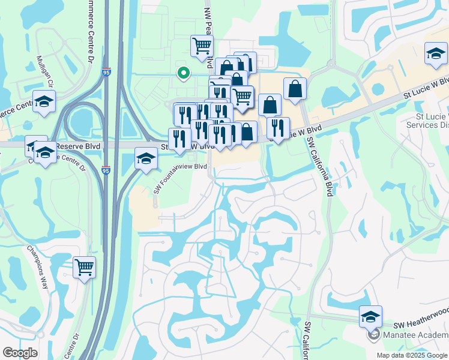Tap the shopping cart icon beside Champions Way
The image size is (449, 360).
tap(84, 268)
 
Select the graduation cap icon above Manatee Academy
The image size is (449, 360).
tap(371, 316)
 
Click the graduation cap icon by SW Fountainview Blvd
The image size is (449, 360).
tap(146, 159)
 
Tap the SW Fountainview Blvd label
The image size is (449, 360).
tap(180, 179)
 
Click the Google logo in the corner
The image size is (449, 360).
tap(20, 353)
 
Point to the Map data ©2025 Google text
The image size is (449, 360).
tap(411, 355)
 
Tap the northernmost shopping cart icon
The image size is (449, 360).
tap(202, 45)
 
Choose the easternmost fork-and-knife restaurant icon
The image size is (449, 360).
tap(277, 128)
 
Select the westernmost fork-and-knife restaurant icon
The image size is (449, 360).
tap(179, 139)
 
